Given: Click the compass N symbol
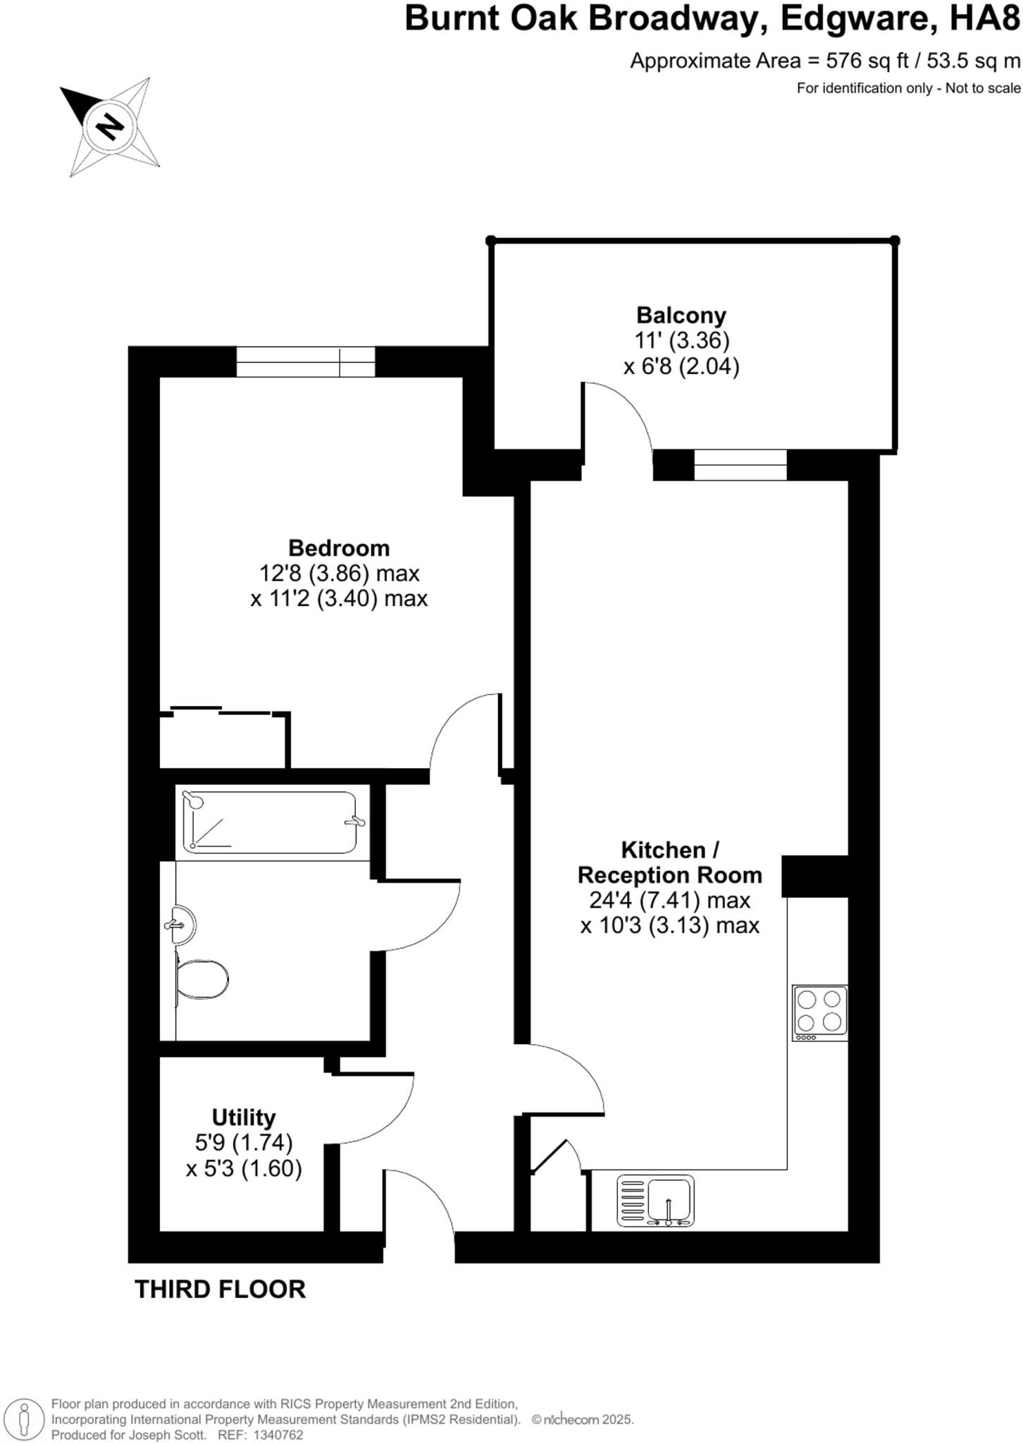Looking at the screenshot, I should tap(110, 127).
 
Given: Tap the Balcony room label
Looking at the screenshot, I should tap(681, 315).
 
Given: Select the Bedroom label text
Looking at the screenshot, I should tap(339, 547).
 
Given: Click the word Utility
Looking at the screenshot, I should tap(244, 1117).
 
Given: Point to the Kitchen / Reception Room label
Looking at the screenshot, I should tap(669, 862).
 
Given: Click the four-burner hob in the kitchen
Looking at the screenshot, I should tap(819, 1012).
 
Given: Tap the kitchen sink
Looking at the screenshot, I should tap(656, 1200).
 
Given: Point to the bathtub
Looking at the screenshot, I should tap(270, 822).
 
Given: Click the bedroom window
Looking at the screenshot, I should tap(305, 362).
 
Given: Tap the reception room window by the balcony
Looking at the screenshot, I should tap(740, 465).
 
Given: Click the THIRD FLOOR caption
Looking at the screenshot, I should tap(220, 1289).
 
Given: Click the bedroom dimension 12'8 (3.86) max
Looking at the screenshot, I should tap(339, 574).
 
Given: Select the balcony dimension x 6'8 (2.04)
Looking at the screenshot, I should tap(681, 366).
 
